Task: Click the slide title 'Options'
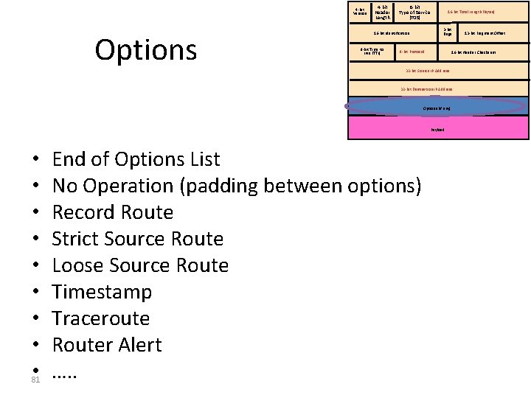146,49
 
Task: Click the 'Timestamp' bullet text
103,292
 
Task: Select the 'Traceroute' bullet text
101,318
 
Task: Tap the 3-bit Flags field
447,32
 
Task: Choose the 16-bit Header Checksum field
473,52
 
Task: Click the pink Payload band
438,129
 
